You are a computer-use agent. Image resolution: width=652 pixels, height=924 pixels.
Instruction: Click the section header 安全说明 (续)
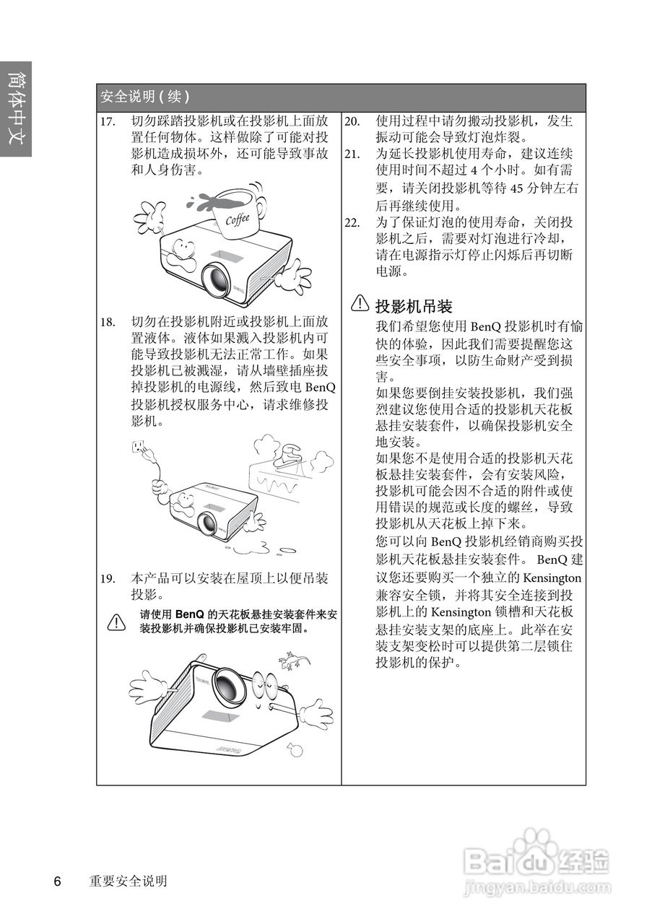pyautogui.click(x=145, y=97)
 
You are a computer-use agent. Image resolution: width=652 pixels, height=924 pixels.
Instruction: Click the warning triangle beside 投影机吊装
pyautogui.click(x=359, y=305)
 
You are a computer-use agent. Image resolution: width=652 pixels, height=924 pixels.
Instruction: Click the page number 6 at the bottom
pyautogui.click(x=57, y=881)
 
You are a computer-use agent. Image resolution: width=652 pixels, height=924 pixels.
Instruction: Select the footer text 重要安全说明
pyautogui.click(x=129, y=881)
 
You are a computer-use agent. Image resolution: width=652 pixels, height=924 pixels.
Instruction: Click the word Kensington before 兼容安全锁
pyautogui.click(x=552, y=578)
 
